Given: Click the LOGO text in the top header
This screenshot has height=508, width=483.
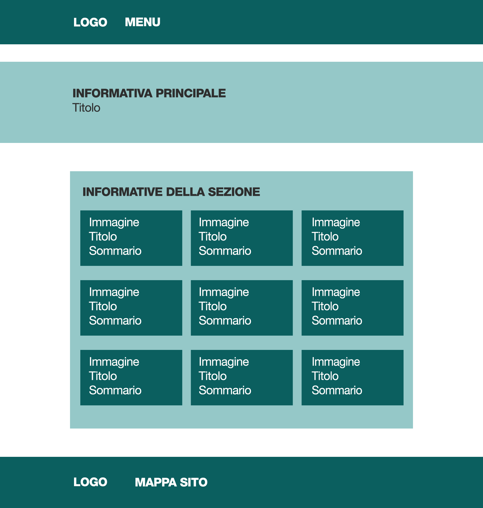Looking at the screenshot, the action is (90, 22).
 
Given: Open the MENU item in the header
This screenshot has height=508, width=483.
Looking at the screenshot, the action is (143, 22).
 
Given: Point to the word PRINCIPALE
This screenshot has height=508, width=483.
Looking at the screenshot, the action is (191, 93).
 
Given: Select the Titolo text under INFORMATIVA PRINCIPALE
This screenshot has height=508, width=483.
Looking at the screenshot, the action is (86, 108).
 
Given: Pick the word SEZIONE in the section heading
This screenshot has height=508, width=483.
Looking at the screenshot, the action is (234, 192).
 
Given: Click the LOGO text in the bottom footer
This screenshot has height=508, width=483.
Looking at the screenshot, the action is (90, 482).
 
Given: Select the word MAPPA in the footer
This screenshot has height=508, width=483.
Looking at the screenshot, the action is (156, 482).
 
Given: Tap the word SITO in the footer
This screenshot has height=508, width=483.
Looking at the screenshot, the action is (193, 482).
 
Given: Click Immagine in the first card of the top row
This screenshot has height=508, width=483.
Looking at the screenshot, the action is (114, 223).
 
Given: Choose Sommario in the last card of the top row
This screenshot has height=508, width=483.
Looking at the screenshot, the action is (337, 251).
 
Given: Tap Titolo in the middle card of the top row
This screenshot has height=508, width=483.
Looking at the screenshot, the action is (213, 236).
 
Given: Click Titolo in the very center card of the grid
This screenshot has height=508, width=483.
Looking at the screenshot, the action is (213, 306).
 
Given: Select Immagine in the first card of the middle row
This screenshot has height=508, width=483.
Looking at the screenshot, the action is (114, 292).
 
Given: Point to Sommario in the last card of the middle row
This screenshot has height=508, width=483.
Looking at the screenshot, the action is (337, 320).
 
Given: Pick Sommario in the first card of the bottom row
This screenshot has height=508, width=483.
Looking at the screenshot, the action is (115, 390).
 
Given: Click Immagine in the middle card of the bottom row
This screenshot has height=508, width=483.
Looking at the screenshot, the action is (224, 362).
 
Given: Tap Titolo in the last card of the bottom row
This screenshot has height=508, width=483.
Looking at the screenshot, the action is (325, 376).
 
